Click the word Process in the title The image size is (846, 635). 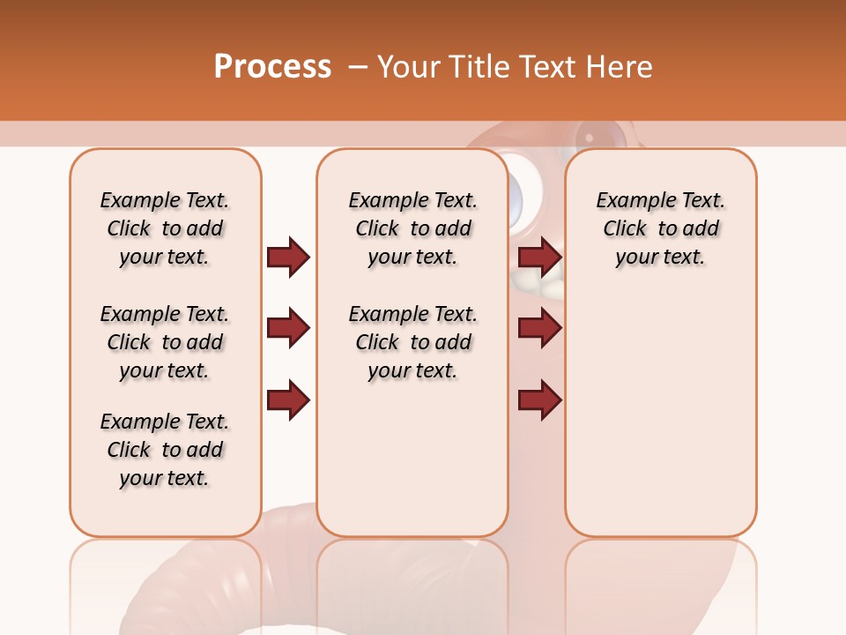click(272, 67)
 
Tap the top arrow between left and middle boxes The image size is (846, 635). click(288, 257)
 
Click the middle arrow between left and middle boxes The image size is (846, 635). click(288, 329)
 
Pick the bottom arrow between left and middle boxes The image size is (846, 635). click(288, 400)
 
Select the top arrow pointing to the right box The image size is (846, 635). click(539, 257)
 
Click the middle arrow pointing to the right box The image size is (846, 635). click(539, 329)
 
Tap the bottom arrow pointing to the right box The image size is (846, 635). click(539, 400)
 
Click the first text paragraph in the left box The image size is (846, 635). click(165, 228)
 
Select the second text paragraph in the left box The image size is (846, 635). click(165, 342)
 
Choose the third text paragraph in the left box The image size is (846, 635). click(165, 450)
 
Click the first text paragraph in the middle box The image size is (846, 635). click(412, 228)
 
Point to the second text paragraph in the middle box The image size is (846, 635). click(412, 342)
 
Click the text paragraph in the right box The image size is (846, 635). click(660, 228)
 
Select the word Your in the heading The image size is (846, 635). click(412, 67)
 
